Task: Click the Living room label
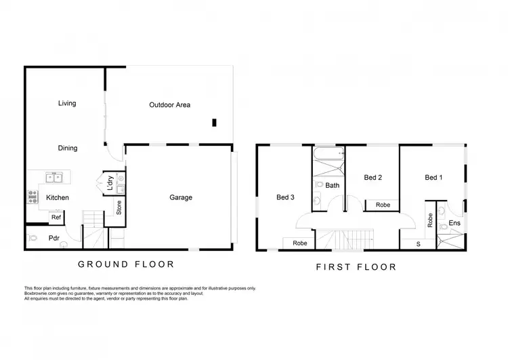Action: [67, 104]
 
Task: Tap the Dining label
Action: [67, 148]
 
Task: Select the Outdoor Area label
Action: [169, 105]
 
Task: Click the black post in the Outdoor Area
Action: [214, 123]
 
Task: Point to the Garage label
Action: [181, 198]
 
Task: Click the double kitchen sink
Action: [55, 179]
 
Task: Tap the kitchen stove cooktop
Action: [32, 197]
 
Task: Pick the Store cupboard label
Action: [119, 208]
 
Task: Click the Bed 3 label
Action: [285, 198]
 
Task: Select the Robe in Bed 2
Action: [382, 204]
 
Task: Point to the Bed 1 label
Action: [433, 178]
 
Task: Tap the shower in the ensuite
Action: [450, 239]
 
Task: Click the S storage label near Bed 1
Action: [417, 243]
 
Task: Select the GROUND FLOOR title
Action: [126, 264]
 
